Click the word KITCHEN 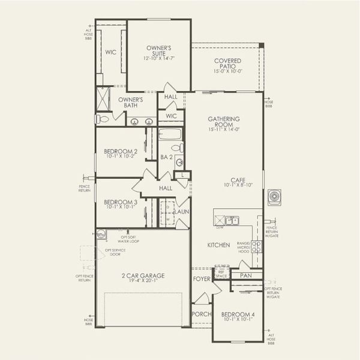pos(218,245)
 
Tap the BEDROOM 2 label pos(121,151)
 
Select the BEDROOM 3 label pos(121,202)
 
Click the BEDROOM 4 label pos(238,315)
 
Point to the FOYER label pos(200,279)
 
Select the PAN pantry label pos(245,275)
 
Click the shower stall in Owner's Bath pos(105,98)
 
